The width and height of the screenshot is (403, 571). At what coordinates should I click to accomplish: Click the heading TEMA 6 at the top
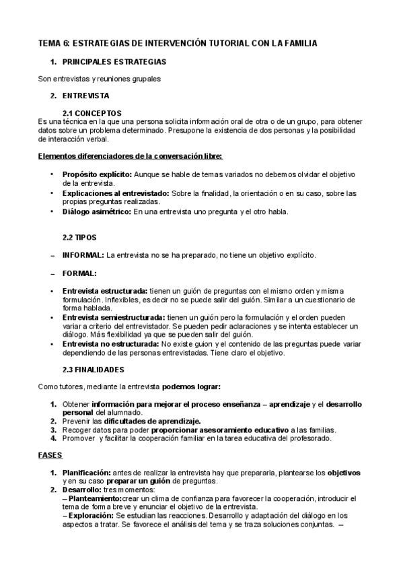click(178, 43)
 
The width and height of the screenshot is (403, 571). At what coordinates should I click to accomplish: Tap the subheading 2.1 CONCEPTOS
click(91, 112)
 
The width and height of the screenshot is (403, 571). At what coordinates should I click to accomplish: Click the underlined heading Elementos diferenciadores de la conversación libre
click(130, 156)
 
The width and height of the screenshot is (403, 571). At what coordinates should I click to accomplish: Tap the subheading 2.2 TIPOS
click(79, 237)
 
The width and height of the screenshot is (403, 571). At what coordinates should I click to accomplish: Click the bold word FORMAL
click(79, 273)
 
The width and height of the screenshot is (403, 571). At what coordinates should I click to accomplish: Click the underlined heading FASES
click(50, 455)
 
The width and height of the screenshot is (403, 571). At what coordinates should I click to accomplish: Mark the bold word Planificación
click(87, 473)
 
